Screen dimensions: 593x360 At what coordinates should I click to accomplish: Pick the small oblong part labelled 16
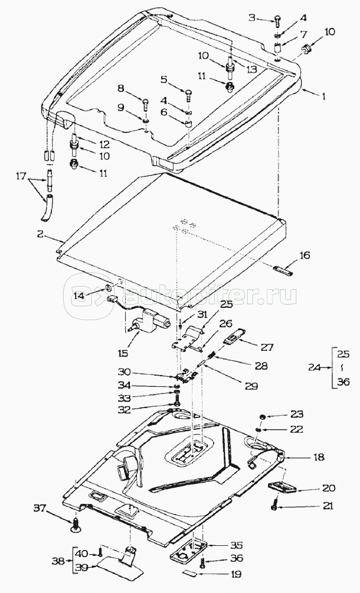(x=283, y=271)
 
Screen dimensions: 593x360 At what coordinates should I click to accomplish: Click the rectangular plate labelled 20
(x=282, y=486)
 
